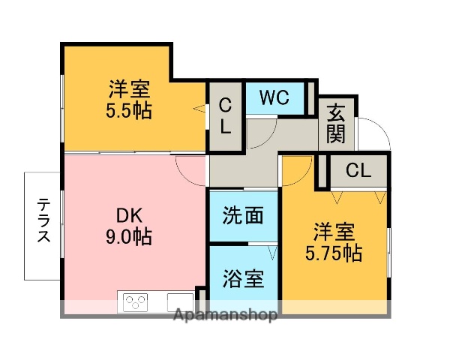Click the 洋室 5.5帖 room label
(129, 100)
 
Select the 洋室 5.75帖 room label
(334, 241)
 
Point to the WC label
(274, 97)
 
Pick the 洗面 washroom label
(243, 216)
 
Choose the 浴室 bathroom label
(243, 279)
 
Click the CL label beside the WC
(225, 117)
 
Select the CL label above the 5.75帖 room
(358, 171)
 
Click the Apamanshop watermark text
(225, 315)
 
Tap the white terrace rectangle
(43, 225)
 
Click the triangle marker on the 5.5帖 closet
(199, 109)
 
